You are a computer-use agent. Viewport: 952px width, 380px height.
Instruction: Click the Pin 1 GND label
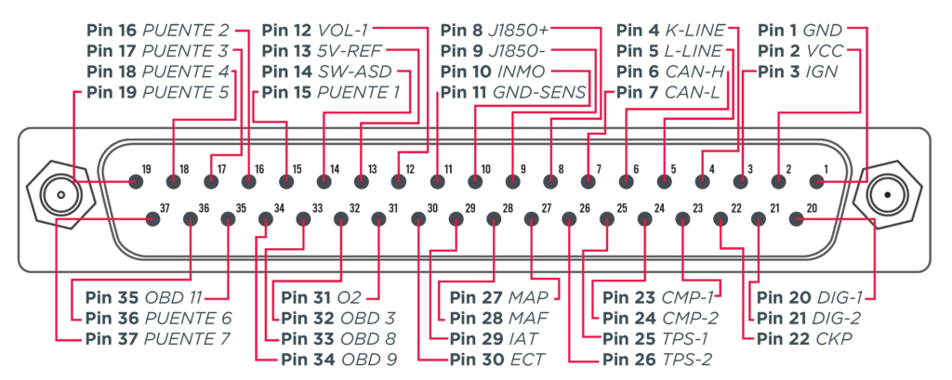tap(800, 30)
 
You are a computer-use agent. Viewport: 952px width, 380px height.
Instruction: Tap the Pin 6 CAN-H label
tap(670, 72)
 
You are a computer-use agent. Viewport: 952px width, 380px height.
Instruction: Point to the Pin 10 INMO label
tap(493, 72)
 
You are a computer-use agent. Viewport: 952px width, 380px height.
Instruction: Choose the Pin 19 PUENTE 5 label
tap(158, 93)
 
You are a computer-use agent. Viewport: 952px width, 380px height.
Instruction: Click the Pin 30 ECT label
tap(496, 359)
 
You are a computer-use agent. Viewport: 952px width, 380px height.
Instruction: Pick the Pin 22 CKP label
tap(804, 338)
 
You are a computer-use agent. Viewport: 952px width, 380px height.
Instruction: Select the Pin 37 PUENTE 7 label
tap(158, 338)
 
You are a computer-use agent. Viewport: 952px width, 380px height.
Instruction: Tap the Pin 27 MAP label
tap(499, 297)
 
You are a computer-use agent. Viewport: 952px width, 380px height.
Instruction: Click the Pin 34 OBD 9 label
tap(338, 359)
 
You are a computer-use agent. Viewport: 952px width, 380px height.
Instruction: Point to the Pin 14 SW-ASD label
tap(327, 72)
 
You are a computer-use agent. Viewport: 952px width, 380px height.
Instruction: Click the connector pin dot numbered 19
tap(137, 181)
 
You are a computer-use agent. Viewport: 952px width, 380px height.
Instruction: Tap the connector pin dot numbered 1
tap(817, 181)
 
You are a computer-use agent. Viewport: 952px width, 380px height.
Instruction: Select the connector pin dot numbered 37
tap(153, 218)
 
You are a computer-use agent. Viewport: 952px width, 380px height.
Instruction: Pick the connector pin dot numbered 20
tap(797, 218)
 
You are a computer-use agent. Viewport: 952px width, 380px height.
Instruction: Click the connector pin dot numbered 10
tap(475, 181)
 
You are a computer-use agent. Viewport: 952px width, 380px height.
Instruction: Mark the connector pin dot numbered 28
tap(494, 218)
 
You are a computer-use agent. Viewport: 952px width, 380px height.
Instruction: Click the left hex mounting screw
tap(60, 195)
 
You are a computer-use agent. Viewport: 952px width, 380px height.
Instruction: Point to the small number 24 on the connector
tap(659, 208)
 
